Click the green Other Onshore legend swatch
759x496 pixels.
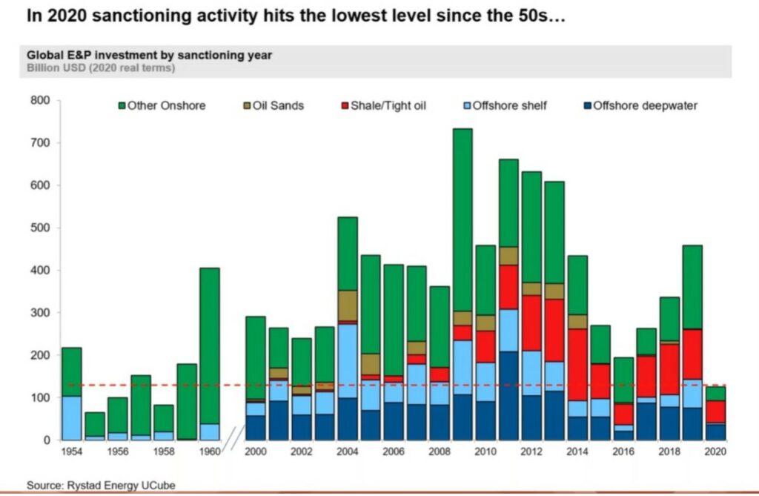122,106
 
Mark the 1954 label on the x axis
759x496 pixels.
71,452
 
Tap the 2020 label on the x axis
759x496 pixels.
715,452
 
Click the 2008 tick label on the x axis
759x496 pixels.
440,452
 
